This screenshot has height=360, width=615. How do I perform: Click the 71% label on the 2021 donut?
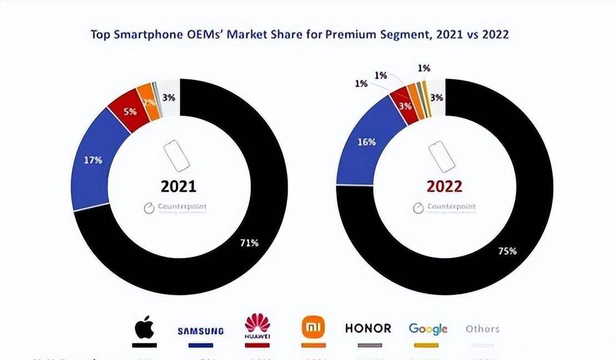pos(249,242)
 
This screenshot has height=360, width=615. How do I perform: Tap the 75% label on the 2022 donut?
pos(508,251)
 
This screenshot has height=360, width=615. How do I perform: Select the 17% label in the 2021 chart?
pos(93,160)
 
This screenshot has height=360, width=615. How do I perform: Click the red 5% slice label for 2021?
pos(130,110)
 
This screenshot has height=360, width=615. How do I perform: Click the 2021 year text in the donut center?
pos(178,186)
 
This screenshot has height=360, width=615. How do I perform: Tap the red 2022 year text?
pos(444,186)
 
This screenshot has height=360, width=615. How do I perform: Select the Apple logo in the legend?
pos(144,328)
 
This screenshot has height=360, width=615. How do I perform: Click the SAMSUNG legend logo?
pos(200,331)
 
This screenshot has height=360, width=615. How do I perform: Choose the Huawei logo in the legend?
pos(257,326)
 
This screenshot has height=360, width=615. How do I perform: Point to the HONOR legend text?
pos(368,328)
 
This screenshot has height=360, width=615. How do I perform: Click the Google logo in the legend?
pos(428,329)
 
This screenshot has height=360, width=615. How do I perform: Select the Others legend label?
pos(482,329)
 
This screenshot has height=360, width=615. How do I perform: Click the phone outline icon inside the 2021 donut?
pos(177,156)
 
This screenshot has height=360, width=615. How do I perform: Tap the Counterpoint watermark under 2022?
pos(444,207)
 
